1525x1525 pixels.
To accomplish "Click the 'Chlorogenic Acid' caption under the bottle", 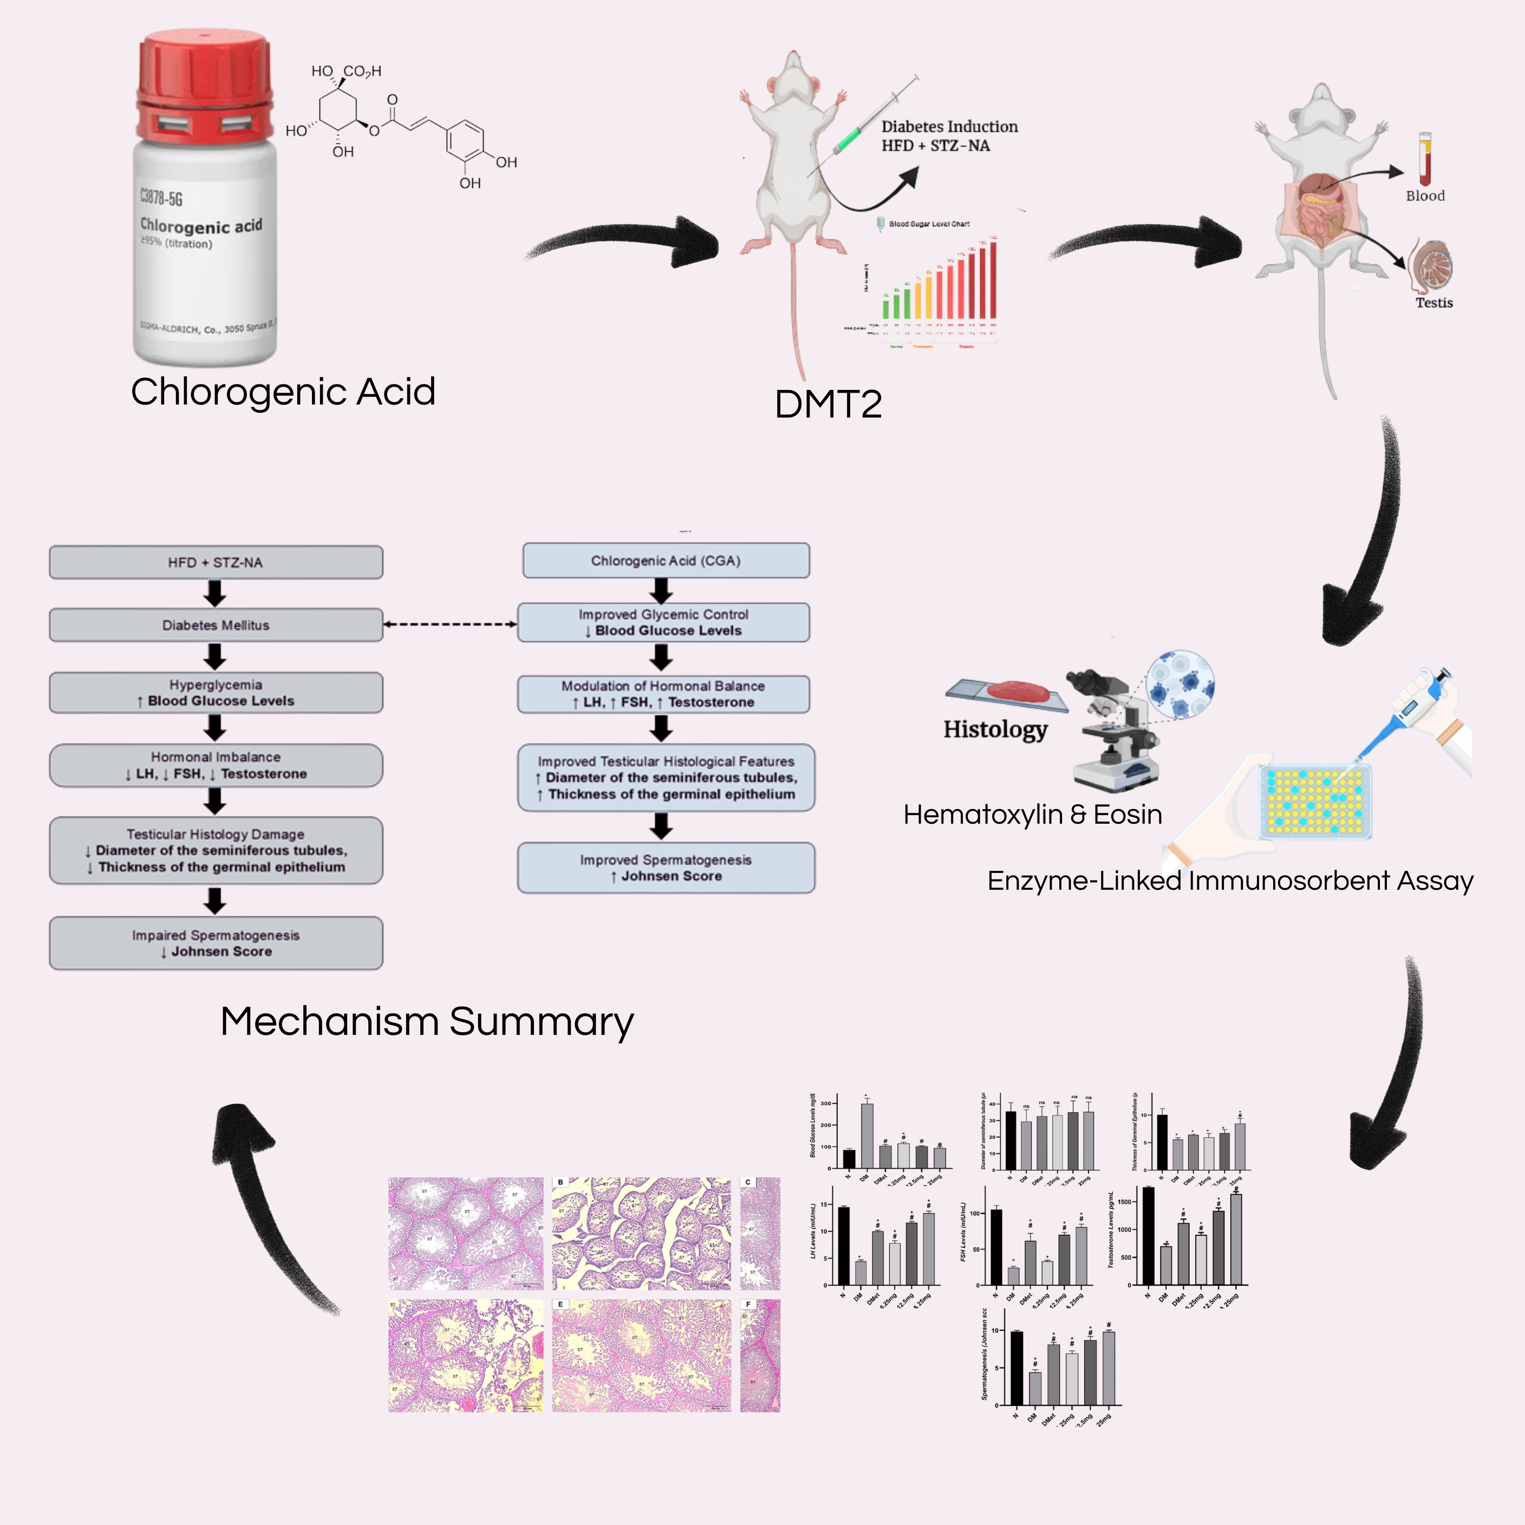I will (283, 392).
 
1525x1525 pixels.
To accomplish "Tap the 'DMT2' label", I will (828, 404).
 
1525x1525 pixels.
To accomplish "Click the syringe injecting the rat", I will (868, 119).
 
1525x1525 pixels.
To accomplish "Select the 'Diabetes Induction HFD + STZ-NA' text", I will (949, 136).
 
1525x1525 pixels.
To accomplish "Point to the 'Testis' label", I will (1433, 302).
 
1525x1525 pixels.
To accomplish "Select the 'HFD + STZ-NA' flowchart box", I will (216, 562).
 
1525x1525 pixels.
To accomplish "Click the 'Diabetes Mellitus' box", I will (216, 625).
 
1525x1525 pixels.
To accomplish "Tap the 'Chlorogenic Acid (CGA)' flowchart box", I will (666, 561).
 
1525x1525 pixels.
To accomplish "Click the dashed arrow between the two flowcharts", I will (450, 624).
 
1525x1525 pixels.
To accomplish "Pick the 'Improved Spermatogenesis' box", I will (666, 868).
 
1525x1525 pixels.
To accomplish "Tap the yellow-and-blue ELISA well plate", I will (1314, 800).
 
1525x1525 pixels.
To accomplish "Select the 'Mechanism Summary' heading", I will (426, 1021).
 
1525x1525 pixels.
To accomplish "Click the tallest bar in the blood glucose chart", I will (866, 1135).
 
